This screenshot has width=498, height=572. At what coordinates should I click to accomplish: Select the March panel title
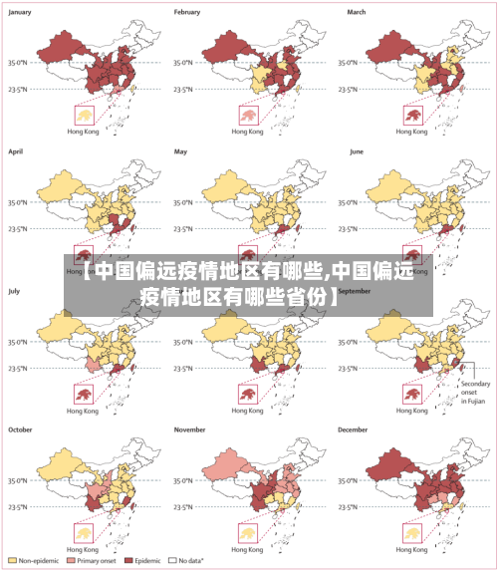coord(357,12)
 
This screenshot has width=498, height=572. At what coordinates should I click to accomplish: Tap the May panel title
coord(181,151)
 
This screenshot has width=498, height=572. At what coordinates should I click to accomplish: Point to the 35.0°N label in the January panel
coord(21,62)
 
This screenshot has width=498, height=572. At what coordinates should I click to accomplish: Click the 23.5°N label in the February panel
coord(187,89)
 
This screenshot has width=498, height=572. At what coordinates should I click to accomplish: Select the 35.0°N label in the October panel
coord(21,480)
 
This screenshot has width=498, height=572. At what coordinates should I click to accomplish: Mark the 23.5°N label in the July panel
coord(21,368)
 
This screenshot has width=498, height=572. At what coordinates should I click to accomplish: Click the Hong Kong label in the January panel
coord(82,132)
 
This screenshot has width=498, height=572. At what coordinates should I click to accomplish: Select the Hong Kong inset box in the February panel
coord(247,116)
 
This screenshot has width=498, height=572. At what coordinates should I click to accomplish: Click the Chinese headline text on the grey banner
coord(249,283)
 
